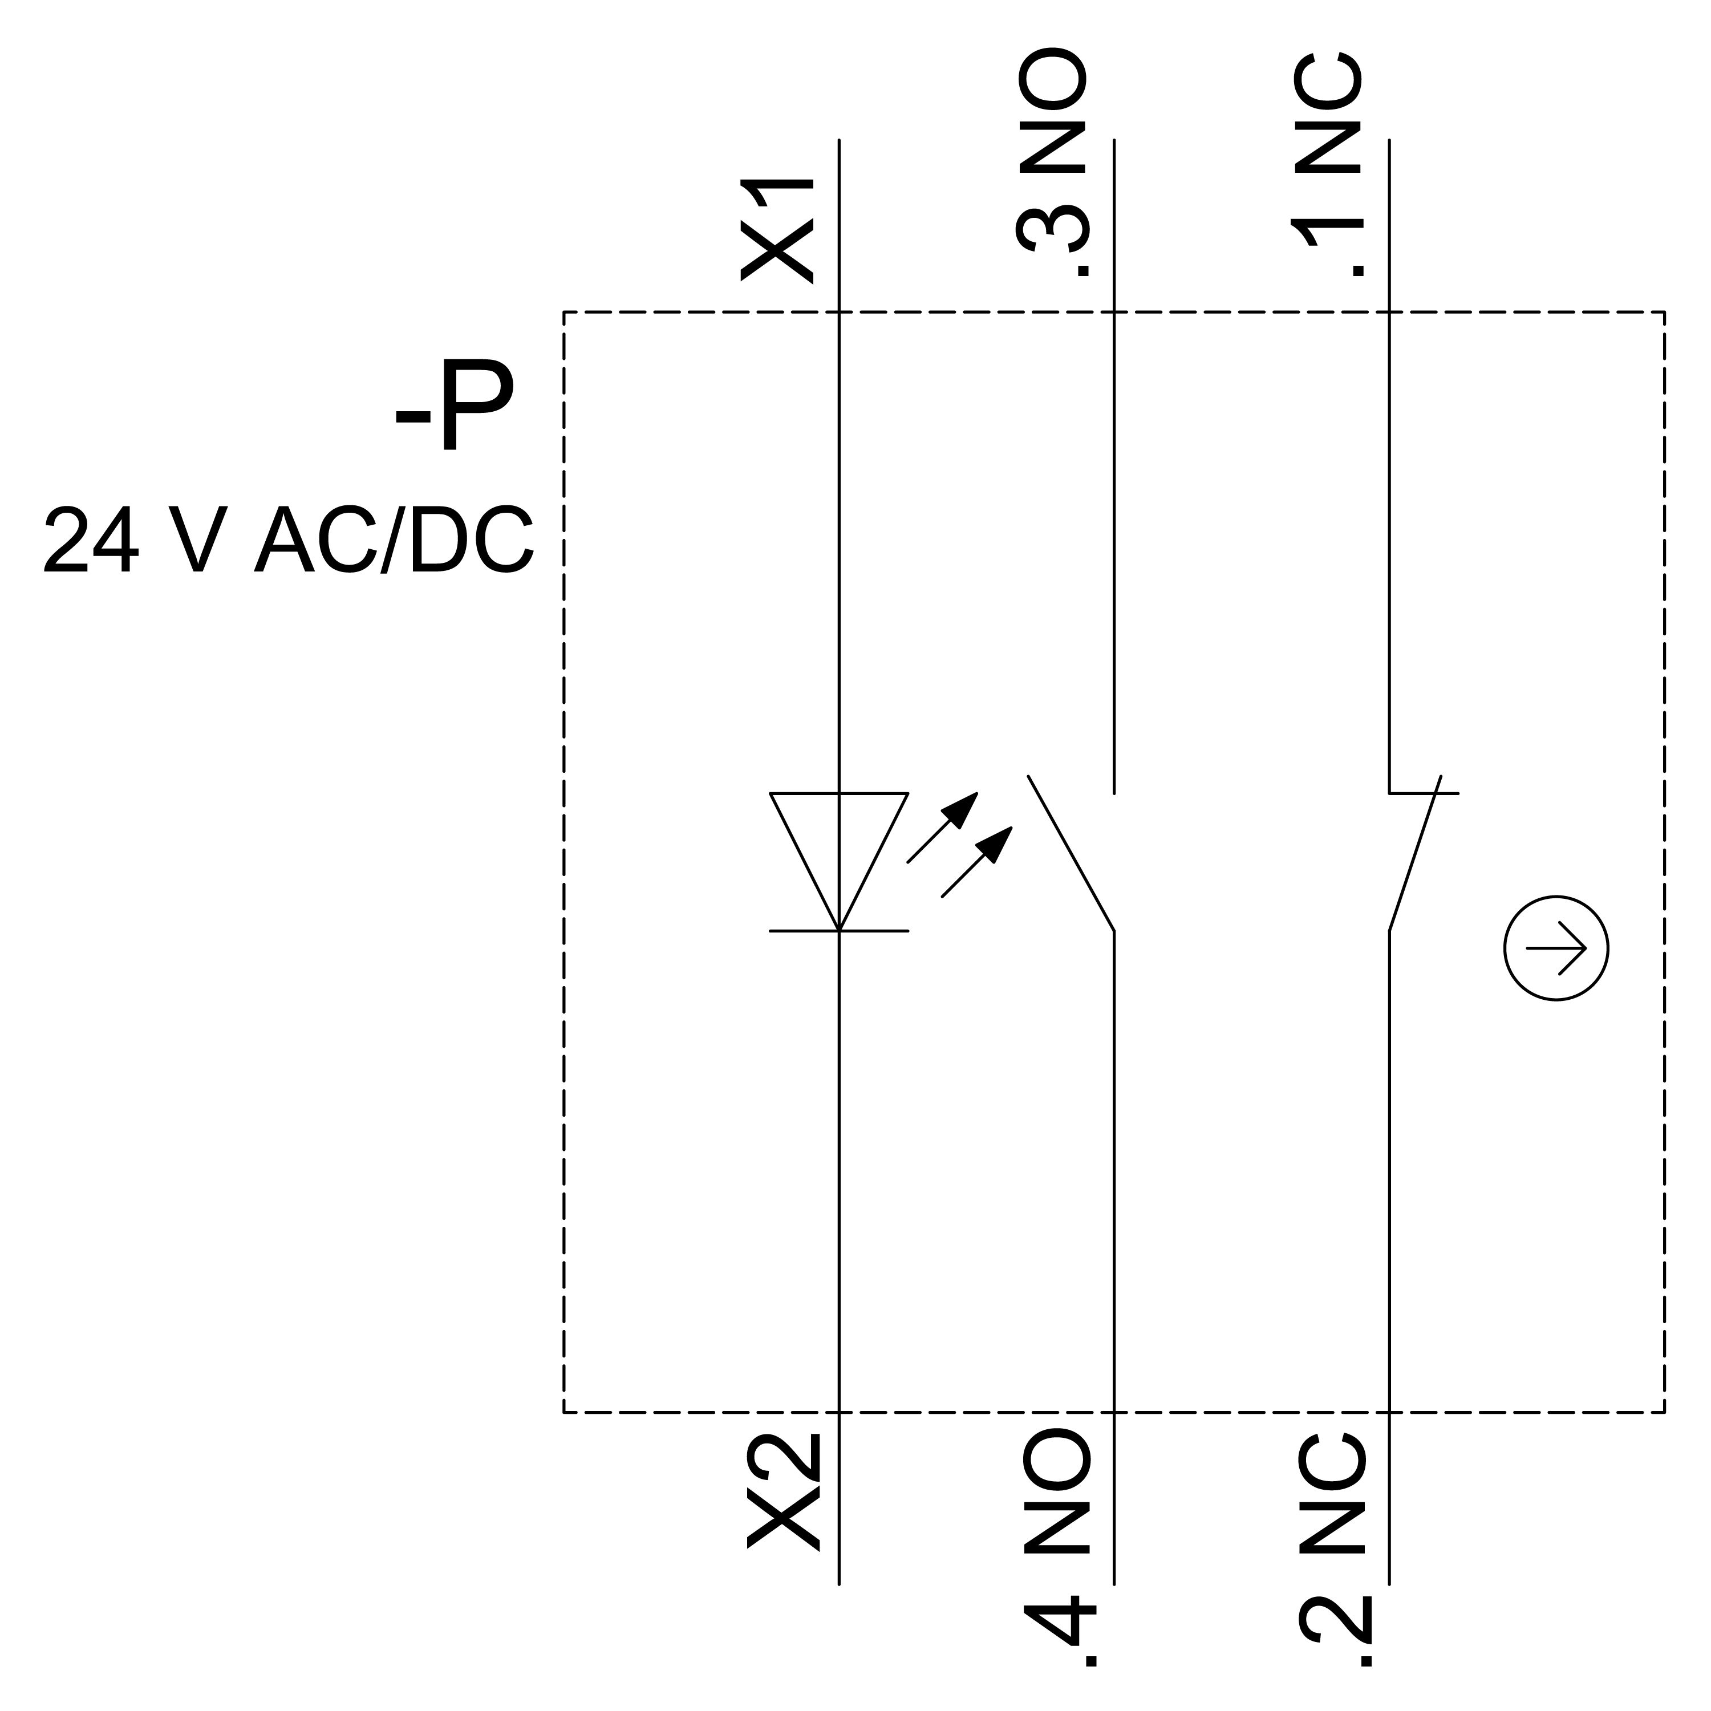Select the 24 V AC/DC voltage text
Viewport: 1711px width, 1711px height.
click(288, 540)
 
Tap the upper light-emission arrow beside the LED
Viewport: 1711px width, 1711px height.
click(944, 826)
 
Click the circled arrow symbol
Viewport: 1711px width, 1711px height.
click(1556, 948)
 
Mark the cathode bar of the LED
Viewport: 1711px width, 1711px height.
click(838, 931)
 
